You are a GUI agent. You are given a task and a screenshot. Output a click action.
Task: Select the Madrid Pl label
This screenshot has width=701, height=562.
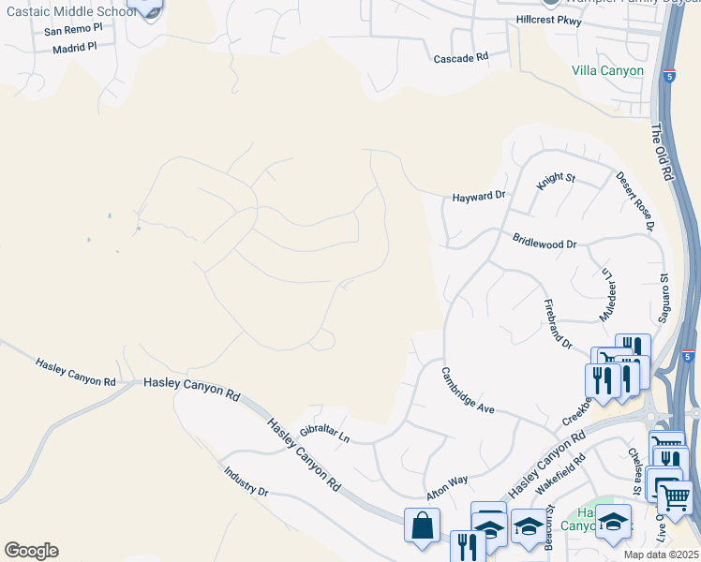(x=75, y=48)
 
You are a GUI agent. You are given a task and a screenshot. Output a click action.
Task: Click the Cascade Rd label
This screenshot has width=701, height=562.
(x=461, y=57)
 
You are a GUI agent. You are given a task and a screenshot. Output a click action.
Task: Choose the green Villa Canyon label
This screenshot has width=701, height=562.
(x=608, y=71)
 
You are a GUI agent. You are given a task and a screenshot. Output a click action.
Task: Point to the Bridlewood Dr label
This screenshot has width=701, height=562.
(x=544, y=243)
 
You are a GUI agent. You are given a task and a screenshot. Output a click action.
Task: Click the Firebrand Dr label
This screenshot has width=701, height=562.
(x=559, y=325)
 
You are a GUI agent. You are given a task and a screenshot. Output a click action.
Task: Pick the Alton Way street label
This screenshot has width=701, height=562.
(x=447, y=485)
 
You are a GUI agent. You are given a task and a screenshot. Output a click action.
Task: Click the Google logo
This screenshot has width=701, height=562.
(x=31, y=551)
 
